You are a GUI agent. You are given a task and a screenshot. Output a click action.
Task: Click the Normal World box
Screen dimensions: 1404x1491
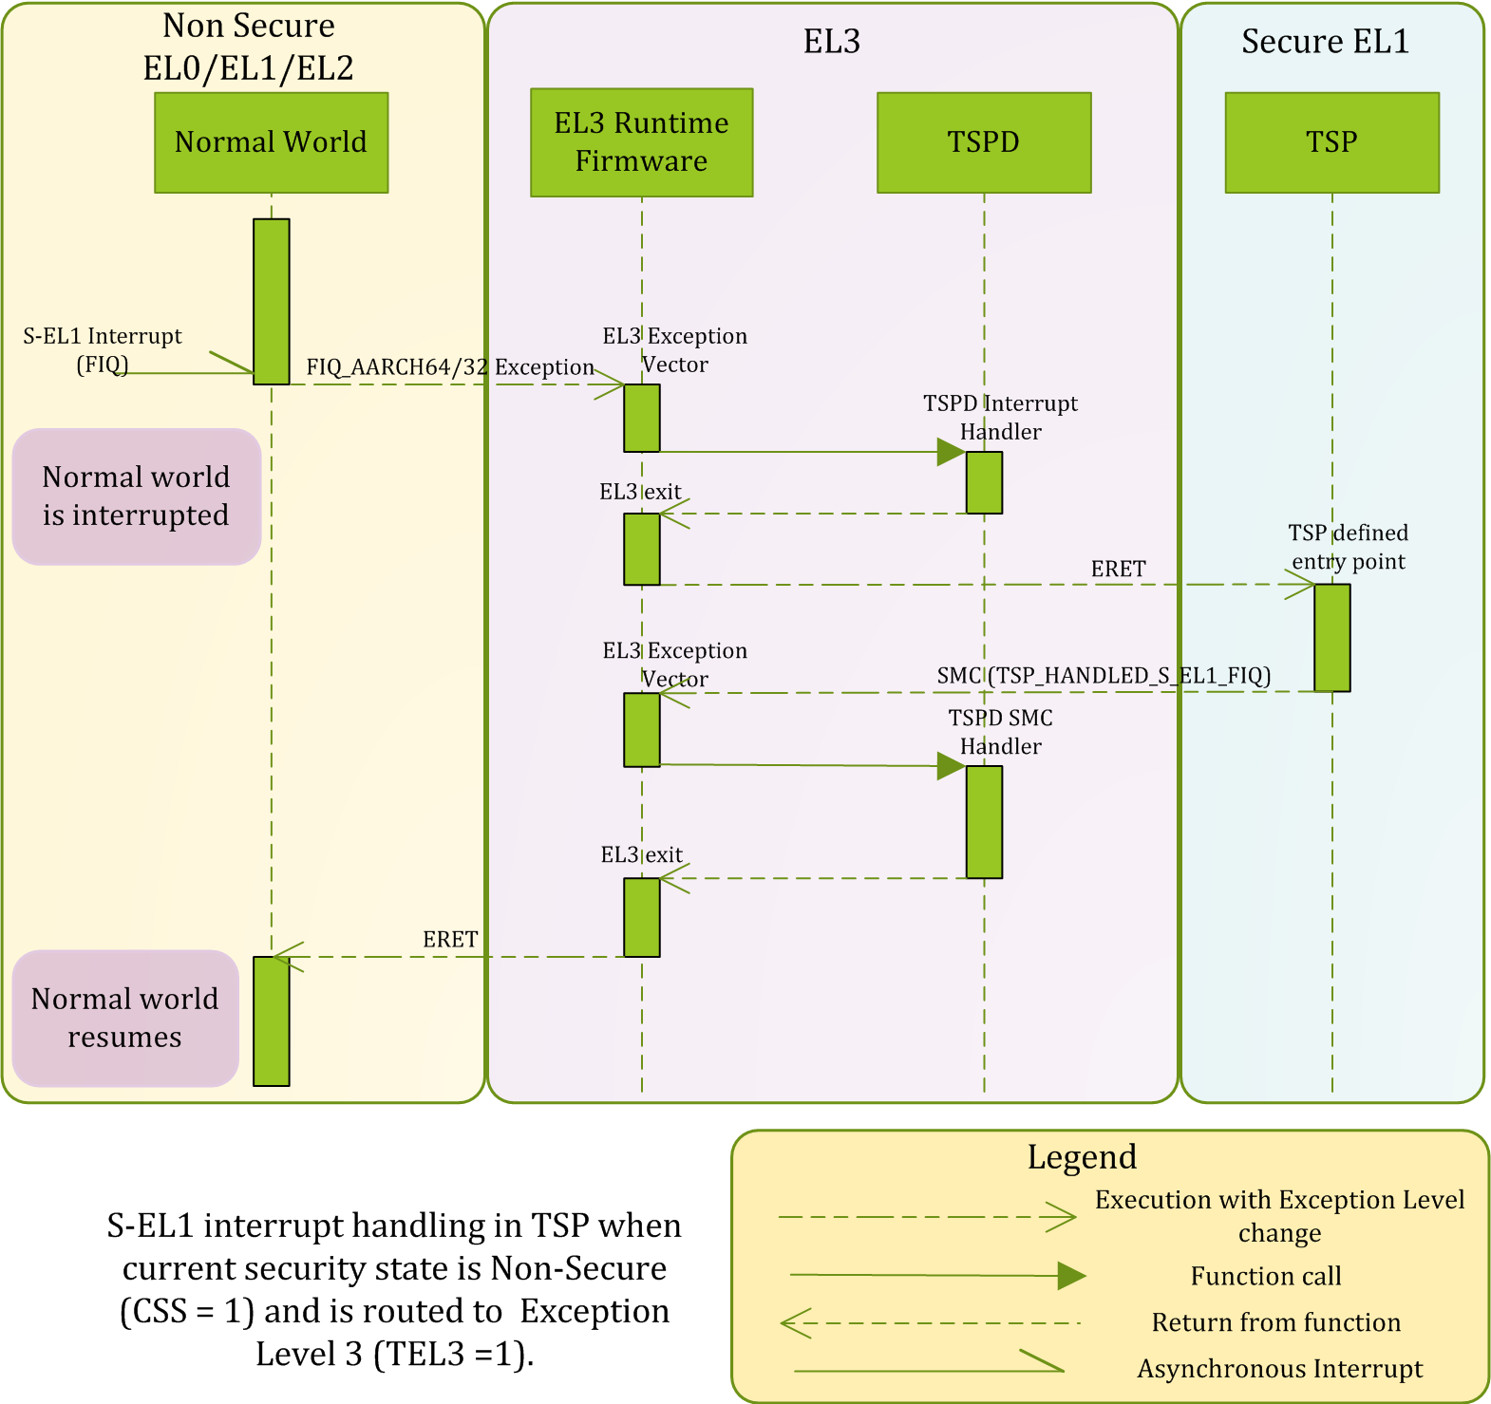(x=272, y=142)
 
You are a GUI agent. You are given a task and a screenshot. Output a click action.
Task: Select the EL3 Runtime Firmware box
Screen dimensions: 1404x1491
(x=641, y=142)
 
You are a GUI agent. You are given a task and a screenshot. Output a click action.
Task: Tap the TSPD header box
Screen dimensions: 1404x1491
(x=984, y=142)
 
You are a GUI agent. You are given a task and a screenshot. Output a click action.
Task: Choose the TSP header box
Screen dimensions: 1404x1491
(x=1331, y=142)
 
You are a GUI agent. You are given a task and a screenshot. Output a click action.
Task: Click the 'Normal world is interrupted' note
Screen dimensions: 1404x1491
(x=136, y=496)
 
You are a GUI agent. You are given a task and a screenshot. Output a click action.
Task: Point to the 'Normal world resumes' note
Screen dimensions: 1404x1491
(x=124, y=1018)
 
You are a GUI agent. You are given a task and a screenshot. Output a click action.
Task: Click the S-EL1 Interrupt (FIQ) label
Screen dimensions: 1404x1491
(x=103, y=349)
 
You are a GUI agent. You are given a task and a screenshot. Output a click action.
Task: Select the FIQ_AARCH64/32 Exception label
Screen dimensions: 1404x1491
(x=450, y=367)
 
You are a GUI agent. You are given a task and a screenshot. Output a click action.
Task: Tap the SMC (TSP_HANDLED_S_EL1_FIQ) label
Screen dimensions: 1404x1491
(x=1104, y=675)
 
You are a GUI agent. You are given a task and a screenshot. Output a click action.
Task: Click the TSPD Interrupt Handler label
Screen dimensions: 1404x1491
(x=1000, y=418)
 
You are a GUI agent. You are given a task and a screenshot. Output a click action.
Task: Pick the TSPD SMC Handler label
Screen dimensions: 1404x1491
(x=1000, y=732)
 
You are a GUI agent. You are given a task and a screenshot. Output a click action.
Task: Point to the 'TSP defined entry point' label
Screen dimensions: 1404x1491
(x=1348, y=547)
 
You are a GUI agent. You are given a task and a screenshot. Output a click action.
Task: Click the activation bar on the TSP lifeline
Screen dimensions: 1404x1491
(x=1331, y=637)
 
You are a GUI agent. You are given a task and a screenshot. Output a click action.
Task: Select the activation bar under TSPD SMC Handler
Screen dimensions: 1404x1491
(x=984, y=821)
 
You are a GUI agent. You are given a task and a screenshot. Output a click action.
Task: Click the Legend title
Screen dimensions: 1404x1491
(x=1082, y=1157)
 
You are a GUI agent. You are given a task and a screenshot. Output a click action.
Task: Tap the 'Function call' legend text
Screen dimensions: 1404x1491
(x=1266, y=1276)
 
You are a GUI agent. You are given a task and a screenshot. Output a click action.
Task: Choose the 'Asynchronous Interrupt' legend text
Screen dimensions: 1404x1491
(x=1279, y=1369)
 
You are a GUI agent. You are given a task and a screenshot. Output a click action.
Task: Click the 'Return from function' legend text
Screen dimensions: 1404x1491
(x=1275, y=1322)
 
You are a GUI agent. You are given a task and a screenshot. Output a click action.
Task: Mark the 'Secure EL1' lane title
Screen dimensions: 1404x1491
(x=1325, y=42)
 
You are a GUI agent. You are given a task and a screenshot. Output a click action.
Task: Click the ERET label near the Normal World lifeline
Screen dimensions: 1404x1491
(x=450, y=939)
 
